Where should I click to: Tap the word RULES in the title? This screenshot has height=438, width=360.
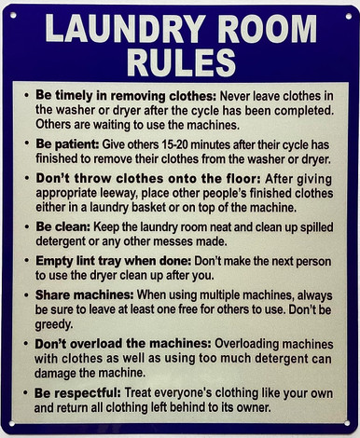click(181, 63)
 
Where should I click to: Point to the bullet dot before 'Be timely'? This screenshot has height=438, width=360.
click(27, 96)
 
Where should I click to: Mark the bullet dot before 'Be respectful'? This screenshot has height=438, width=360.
click(27, 393)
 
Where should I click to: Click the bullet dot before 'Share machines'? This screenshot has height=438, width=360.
click(27, 294)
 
